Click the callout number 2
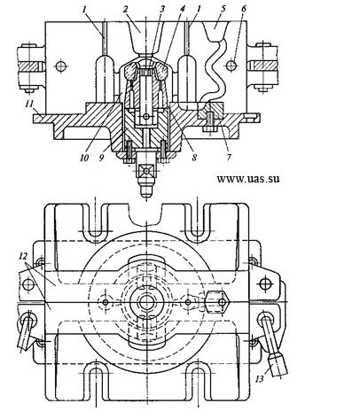click(125, 10)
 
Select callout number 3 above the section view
click(162, 9)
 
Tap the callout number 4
click(182, 9)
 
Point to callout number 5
click(223, 9)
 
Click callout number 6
click(243, 9)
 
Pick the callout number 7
click(229, 157)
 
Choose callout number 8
click(194, 158)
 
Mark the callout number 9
click(102, 158)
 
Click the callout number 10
click(84, 158)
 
